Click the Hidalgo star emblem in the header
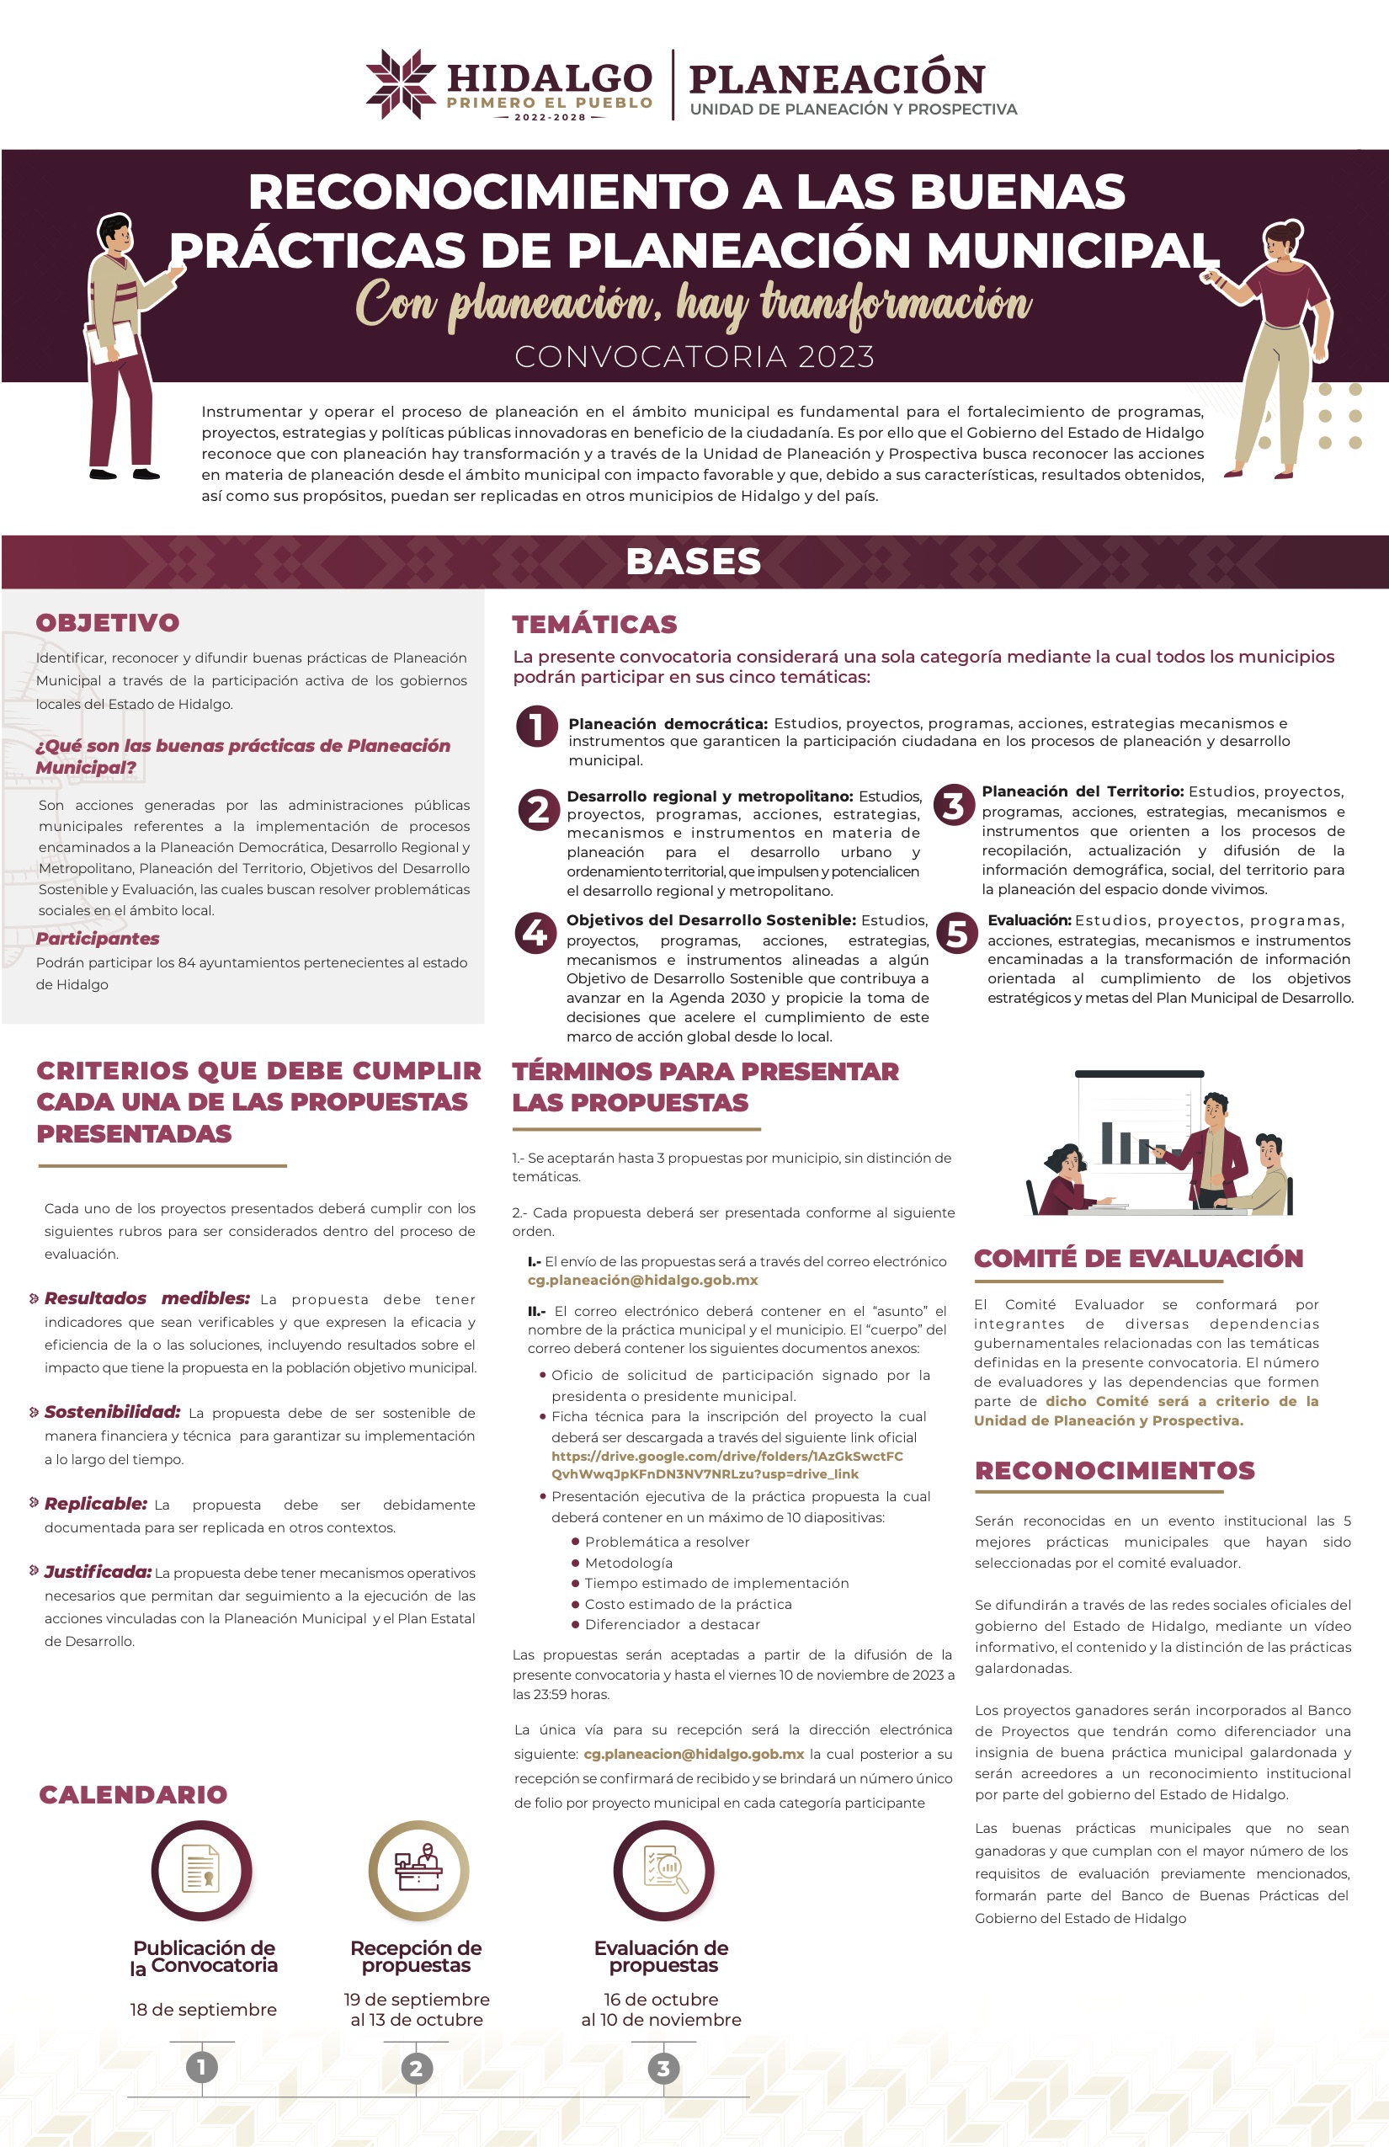401,84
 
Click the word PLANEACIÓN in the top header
836,79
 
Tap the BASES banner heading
694,561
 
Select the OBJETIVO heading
108,622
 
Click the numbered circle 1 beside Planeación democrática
537,726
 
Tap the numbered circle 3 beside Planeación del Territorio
953,805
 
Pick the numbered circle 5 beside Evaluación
957,933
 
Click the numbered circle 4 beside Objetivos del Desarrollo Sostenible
535,932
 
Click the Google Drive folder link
727,1464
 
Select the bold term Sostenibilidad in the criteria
112,1412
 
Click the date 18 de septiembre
203,2009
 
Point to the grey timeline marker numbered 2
416,2069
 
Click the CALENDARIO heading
133,1794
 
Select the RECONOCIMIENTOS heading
1115,1470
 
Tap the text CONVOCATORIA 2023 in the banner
694,357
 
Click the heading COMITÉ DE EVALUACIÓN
1138,1259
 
